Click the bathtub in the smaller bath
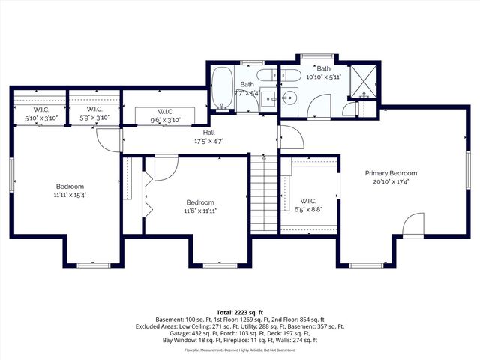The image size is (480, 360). click(223, 85)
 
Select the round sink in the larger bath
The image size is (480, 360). click(289, 97)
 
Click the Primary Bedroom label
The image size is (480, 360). click(391, 173)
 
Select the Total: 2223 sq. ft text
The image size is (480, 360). click(239, 311)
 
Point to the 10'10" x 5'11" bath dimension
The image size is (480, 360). click(323, 76)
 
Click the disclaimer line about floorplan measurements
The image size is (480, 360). click(239, 349)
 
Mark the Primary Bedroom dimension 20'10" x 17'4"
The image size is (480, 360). click(391, 181)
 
